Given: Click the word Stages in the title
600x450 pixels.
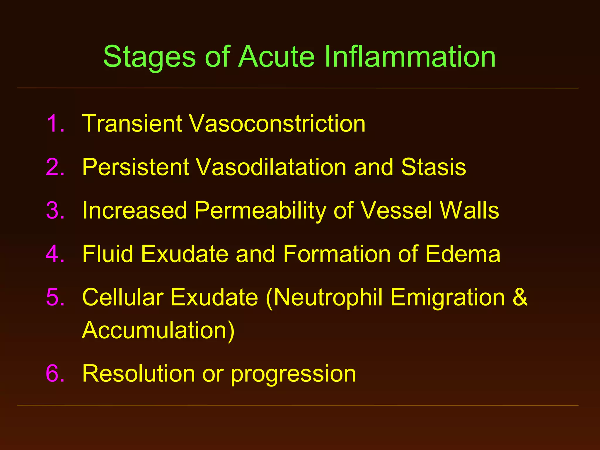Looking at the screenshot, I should coord(149,57).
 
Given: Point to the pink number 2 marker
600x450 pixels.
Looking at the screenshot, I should coord(55,167).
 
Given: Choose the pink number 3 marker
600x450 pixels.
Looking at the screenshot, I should coord(55,210).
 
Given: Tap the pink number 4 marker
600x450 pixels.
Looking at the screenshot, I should coord(55,253).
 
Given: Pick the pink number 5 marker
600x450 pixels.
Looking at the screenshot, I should coord(55,297).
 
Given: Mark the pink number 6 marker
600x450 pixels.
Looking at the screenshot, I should coord(55,373).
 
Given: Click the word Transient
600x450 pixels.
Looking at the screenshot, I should coord(132,123).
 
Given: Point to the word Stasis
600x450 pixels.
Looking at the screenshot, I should coord(433,167).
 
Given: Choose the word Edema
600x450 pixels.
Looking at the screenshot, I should coord(463,254).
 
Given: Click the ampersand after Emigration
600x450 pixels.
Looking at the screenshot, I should coord(520,297).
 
